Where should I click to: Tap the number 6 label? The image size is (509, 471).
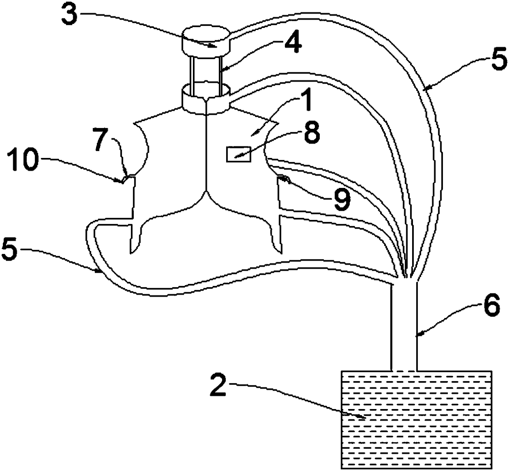[x=491, y=306]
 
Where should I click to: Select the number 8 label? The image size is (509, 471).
[x=312, y=134]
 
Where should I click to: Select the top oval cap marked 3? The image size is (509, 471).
[x=206, y=41]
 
